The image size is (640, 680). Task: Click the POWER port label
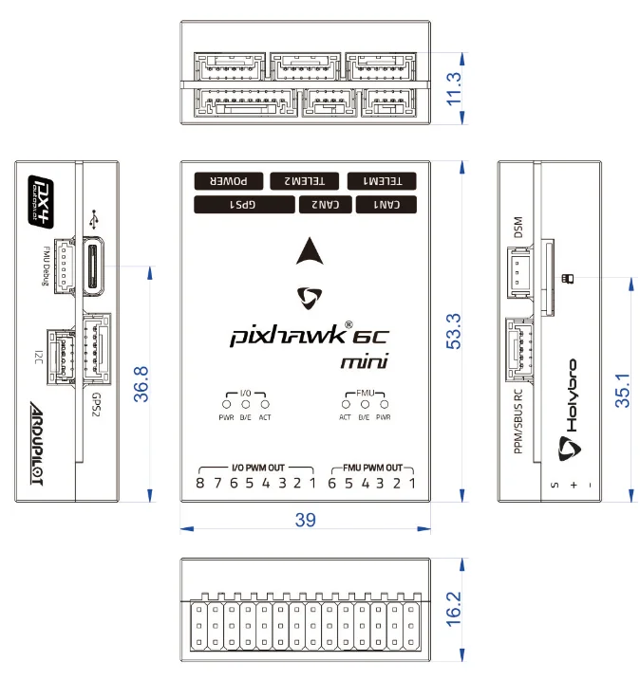pos(229,181)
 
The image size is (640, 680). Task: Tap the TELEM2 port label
pos(305,181)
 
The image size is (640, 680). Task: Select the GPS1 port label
pos(244,204)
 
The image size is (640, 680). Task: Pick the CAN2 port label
pos(325,204)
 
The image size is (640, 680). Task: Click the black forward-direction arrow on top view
pos(310,252)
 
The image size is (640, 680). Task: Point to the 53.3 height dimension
pos(454,331)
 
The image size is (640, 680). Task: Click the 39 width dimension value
pos(305,520)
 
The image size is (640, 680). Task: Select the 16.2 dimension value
pos(454,609)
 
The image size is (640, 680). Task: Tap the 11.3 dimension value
pos(454,89)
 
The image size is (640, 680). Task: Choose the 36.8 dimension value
pos(141,384)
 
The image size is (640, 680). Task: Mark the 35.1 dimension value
pos(622,390)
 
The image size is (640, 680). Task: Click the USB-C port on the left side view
pos(93,266)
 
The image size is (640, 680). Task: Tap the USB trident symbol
pos(93,219)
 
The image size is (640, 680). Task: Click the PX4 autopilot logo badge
pos(41,202)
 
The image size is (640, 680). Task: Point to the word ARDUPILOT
pos(37,443)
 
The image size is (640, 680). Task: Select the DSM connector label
pos(518,228)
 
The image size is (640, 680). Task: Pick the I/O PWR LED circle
pos(226,404)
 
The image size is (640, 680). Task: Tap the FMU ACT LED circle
pos(346,404)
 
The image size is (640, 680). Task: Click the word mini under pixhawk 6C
pos(364,362)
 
